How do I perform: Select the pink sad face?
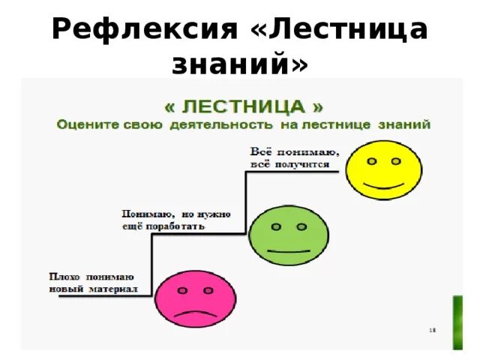[190, 298]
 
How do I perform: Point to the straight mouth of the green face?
[289, 248]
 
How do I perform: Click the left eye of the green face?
[276, 226]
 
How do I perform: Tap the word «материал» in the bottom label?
[112, 289]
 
